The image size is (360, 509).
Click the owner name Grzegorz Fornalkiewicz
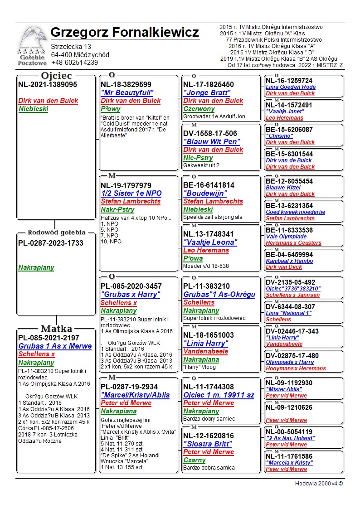(x=125, y=33)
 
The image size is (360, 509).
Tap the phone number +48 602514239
(x=74, y=63)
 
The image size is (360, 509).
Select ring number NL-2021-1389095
(x=48, y=85)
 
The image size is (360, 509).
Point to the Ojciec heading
(x=57, y=76)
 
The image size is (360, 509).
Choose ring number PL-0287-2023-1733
(x=51, y=243)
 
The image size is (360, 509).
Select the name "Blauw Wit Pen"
(x=211, y=141)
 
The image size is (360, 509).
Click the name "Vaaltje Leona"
(x=210, y=242)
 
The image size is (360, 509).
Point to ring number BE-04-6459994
(x=289, y=255)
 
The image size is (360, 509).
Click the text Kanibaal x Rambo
(x=289, y=261)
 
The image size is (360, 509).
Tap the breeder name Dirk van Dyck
(x=284, y=267)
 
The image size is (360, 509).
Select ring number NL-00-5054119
(x=289, y=432)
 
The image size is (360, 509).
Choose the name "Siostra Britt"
(x=208, y=444)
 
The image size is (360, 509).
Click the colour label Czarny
(x=195, y=460)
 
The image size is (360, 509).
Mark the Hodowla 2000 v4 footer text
(x=319, y=483)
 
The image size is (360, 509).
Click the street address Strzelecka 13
(x=71, y=47)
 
